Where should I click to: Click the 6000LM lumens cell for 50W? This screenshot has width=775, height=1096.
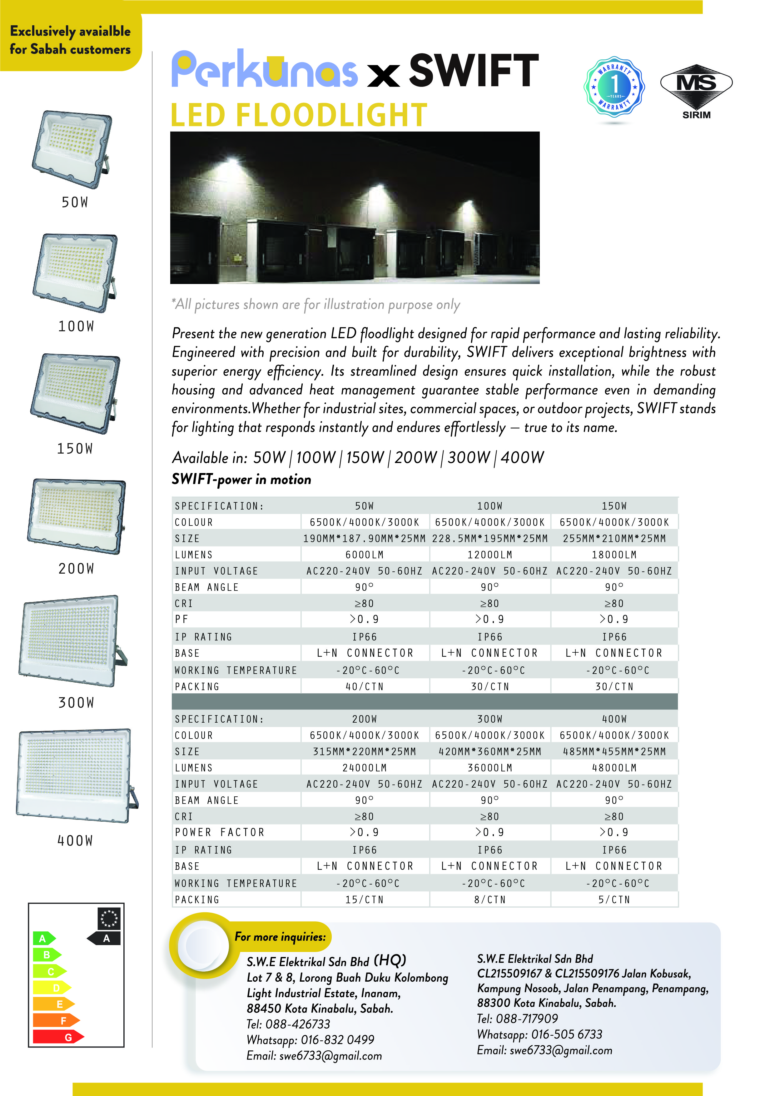click(x=365, y=555)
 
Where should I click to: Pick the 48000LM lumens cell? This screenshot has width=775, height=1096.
click(x=614, y=768)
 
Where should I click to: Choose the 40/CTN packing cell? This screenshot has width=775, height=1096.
click(x=365, y=686)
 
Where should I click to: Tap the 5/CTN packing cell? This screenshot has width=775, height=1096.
click(x=614, y=899)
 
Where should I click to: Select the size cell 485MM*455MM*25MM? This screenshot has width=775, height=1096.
click(x=614, y=751)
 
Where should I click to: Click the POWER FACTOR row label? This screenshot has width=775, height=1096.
click(x=220, y=832)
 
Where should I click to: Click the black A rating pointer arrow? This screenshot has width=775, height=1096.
click(x=104, y=938)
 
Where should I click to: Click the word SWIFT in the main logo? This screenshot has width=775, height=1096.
click(x=474, y=71)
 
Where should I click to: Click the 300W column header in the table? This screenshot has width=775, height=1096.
click(x=489, y=719)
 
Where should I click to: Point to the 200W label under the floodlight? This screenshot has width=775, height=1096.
click(x=76, y=569)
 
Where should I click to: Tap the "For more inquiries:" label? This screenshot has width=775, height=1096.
click(x=280, y=937)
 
